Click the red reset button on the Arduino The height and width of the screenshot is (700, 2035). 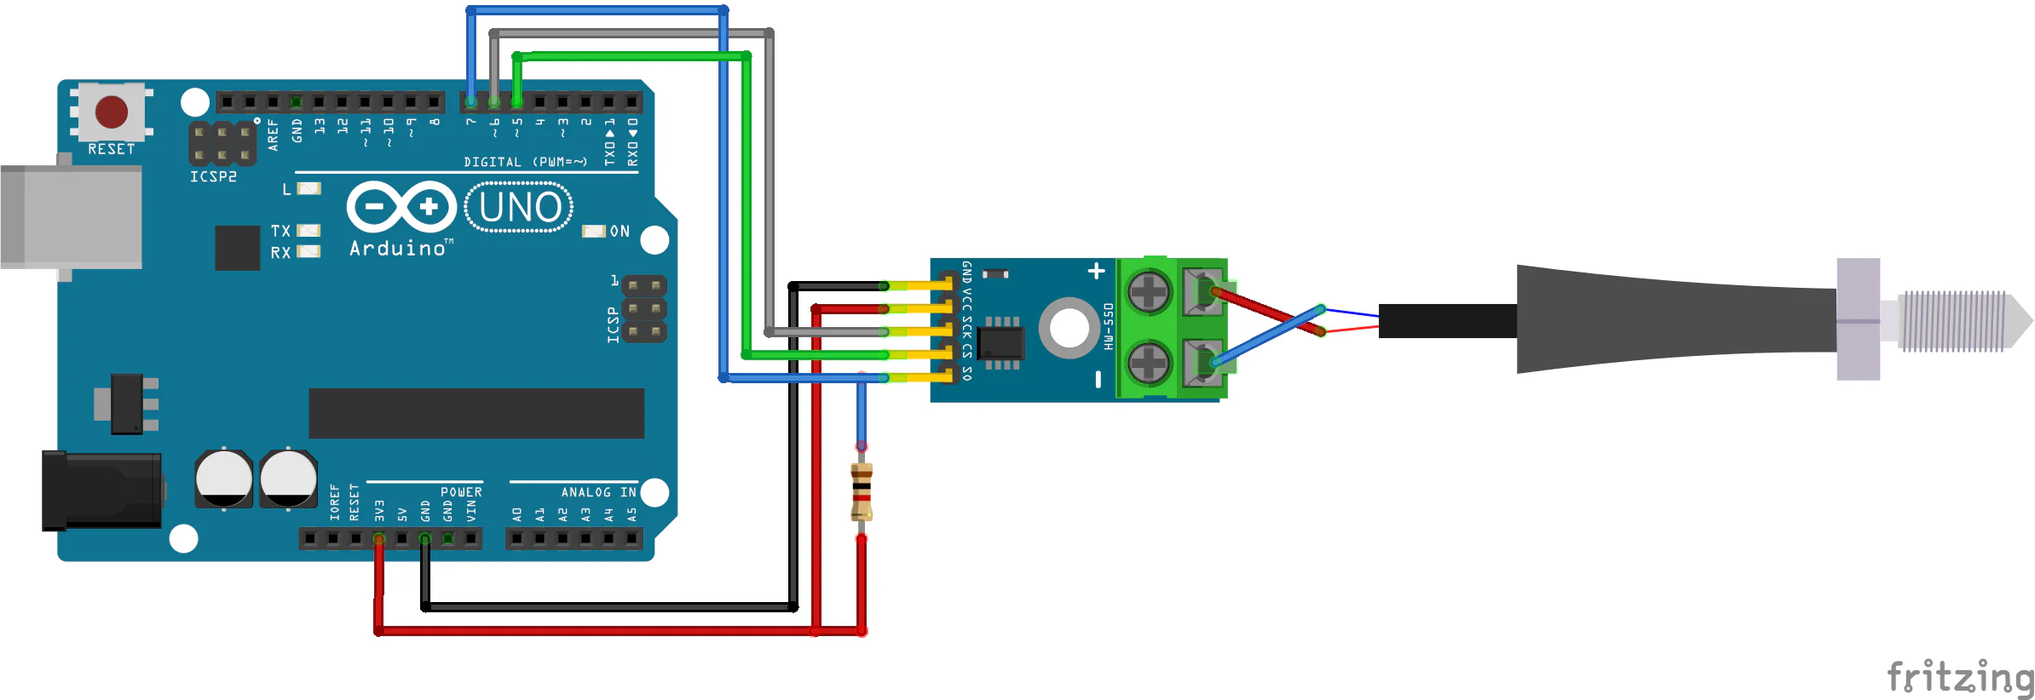click(112, 112)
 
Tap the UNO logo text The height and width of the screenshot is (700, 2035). click(519, 207)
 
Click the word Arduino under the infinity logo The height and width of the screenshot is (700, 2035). click(398, 248)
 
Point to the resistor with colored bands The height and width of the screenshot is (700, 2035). click(862, 492)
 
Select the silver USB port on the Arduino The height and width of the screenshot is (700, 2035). click(72, 217)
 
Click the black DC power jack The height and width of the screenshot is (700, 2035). click(102, 490)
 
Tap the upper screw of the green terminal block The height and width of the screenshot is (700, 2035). click(1148, 292)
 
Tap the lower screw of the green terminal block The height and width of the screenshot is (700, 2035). click(1148, 364)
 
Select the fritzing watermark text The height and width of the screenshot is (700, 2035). click(1960, 679)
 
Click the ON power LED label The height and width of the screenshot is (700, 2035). click(620, 232)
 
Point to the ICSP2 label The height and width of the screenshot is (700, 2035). click(213, 176)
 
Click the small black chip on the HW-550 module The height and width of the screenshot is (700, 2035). click(1001, 343)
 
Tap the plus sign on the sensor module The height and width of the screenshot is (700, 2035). click(1097, 271)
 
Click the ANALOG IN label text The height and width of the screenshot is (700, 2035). click(598, 492)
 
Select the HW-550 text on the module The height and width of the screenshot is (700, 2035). click(1108, 327)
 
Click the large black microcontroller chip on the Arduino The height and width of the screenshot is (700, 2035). click(476, 413)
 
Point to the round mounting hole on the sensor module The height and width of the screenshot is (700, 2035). click(1069, 328)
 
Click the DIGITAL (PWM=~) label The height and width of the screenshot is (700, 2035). click(526, 162)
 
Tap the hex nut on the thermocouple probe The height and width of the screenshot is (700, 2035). click(1858, 319)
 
